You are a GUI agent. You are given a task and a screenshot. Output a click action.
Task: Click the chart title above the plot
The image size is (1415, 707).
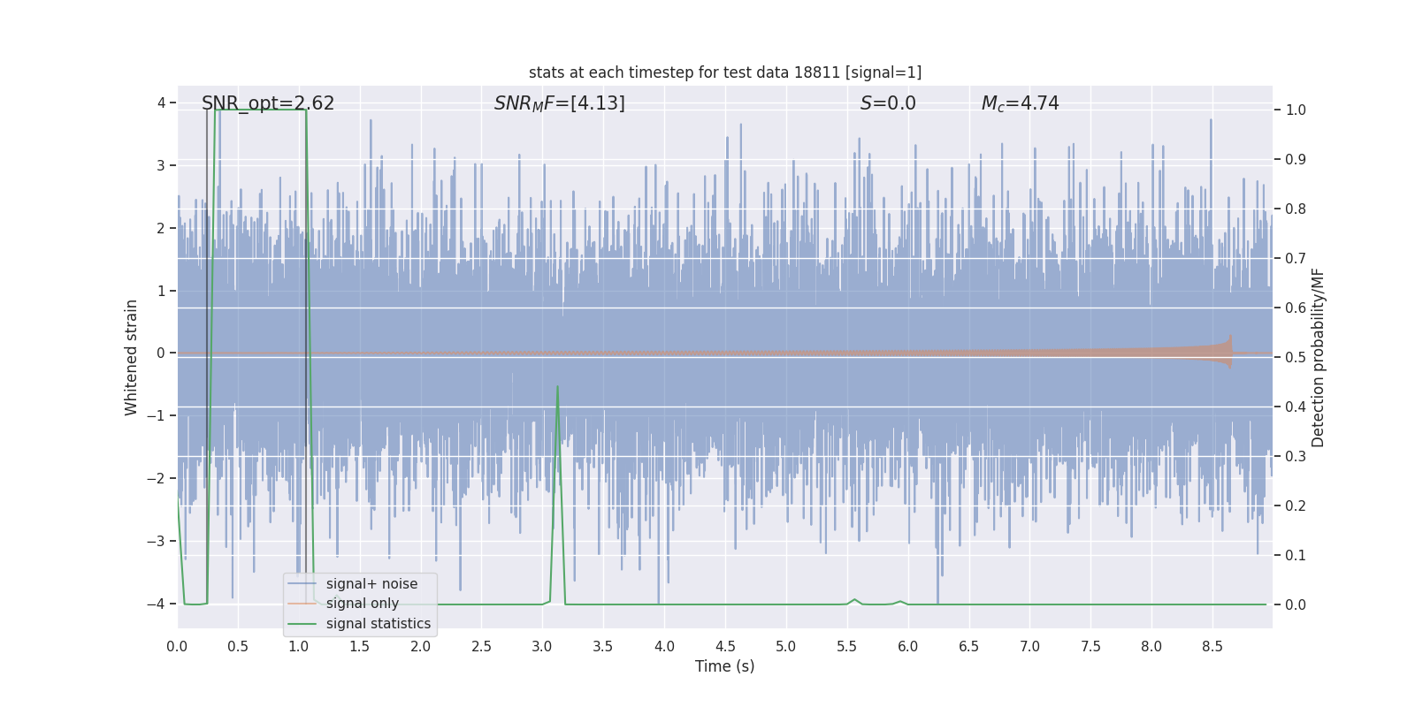[x=725, y=72]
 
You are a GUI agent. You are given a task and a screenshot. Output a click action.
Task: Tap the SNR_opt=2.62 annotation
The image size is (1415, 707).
[x=268, y=103]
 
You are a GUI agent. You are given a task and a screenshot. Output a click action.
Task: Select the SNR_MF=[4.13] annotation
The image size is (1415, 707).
[x=559, y=103]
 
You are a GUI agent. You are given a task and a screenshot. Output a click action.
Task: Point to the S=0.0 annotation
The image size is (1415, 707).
[x=888, y=103]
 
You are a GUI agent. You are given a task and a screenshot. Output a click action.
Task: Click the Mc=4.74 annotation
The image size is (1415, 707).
[x=1020, y=103]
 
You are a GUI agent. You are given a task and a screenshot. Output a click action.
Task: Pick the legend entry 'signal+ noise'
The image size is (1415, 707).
[x=371, y=584]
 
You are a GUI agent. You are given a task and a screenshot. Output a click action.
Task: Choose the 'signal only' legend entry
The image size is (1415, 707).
[x=362, y=604]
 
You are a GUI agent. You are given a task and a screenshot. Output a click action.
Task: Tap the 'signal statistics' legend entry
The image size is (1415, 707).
[x=379, y=624]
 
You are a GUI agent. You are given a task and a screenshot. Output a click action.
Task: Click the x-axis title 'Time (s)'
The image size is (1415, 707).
[x=724, y=666]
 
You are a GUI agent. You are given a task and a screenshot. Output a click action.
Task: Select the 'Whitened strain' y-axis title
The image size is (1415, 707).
[x=132, y=357]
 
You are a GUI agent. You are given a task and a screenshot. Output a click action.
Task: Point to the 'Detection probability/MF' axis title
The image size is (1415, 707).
[x=1318, y=357]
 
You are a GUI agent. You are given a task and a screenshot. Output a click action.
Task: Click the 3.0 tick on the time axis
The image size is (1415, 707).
[x=542, y=647]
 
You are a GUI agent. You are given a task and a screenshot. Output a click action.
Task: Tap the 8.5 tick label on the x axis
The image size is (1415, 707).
[x=1212, y=647]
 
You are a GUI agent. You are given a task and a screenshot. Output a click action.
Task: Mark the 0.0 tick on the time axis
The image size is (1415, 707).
[x=177, y=647]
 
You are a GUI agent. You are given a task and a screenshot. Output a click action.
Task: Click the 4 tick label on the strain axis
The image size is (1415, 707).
[x=162, y=103]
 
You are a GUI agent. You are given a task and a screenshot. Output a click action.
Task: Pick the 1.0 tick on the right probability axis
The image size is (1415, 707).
[x=1296, y=110]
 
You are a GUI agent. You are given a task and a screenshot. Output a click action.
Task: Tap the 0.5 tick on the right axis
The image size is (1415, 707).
[x=1296, y=358]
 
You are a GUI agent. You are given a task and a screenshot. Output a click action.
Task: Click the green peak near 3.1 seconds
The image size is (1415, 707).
[x=557, y=386]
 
